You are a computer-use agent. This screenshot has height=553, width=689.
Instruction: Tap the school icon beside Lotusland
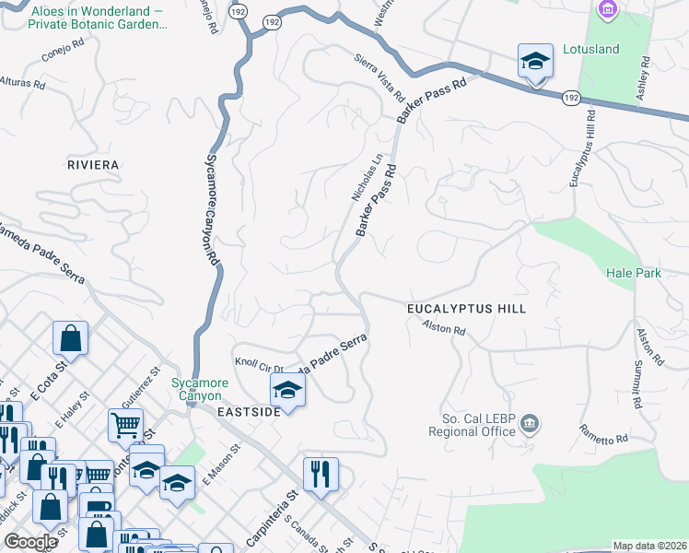pyautogui.click(x=535, y=62)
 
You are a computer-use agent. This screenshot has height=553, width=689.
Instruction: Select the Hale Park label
pyautogui.click(x=633, y=273)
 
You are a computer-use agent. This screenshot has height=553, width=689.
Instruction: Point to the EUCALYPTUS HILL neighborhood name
pyautogui.click(x=467, y=309)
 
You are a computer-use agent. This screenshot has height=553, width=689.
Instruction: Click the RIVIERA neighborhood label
pyautogui.click(x=93, y=165)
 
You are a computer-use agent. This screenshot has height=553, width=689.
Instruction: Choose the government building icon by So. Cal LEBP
pyautogui.click(x=530, y=424)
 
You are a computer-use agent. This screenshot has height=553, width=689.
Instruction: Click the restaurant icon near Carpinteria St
pyautogui.click(x=321, y=475)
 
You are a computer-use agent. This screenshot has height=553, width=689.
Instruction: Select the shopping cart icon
pyautogui.click(x=125, y=426)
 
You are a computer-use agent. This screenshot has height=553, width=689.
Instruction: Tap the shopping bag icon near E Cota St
pyautogui.click(x=70, y=338)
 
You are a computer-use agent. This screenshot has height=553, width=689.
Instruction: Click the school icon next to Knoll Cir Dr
pyautogui.click(x=287, y=390)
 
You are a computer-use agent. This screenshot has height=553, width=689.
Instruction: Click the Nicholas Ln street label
pyautogui.click(x=366, y=177)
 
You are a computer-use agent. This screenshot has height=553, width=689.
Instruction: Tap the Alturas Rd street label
pyautogui.click(x=23, y=83)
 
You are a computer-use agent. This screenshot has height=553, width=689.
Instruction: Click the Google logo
pyautogui.click(x=30, y=542)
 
